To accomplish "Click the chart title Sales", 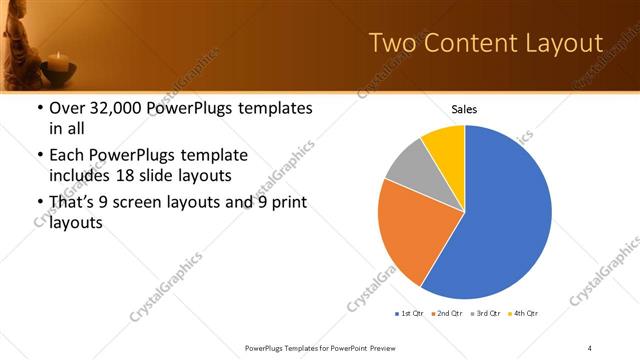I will click(465, 109).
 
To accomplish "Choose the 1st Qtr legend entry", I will click(410, 315).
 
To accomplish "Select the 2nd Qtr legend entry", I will click(447, 315).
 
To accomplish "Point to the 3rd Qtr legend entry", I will click(485, 315).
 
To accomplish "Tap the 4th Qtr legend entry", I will click(523, 315).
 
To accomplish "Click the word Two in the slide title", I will click(393, 42).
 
